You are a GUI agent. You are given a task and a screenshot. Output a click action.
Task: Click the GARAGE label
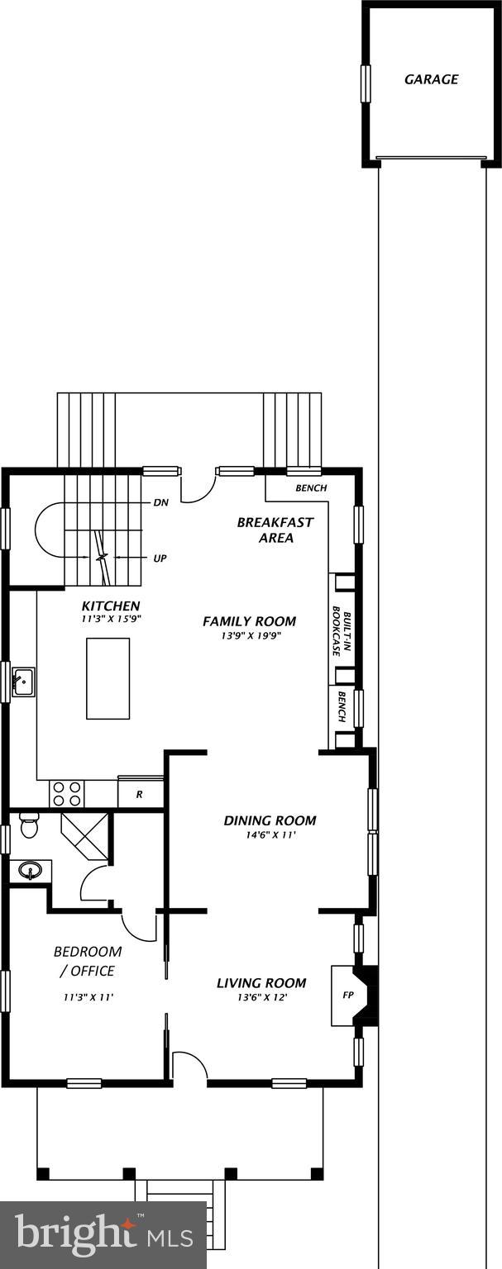[x=431, y=79]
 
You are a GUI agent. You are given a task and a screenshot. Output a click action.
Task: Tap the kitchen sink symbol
[x=22, y=682]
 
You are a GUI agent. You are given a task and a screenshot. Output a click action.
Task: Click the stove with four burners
[x=67, y=794]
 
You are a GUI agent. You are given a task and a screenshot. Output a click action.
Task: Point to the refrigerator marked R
[x=139, y=794]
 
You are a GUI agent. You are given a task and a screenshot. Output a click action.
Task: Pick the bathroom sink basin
[x=31, y=871]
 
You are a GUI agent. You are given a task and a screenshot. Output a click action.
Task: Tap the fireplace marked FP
[x=347, y=996]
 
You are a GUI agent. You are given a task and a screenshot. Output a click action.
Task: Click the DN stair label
[x=161, y=502]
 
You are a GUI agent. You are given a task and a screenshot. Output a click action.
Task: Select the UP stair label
[x=160, y=558]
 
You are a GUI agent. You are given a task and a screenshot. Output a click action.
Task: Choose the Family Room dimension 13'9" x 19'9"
[x=249, y=636]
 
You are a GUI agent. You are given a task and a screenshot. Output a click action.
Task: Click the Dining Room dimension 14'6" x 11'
[x=270, y=835]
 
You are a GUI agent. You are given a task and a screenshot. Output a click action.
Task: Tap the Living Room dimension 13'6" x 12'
[x=261, y=997]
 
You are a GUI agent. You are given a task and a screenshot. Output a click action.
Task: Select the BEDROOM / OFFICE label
[x=88, y=961]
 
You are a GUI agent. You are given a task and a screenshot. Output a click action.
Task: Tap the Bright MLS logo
[x=103, y=1236]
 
